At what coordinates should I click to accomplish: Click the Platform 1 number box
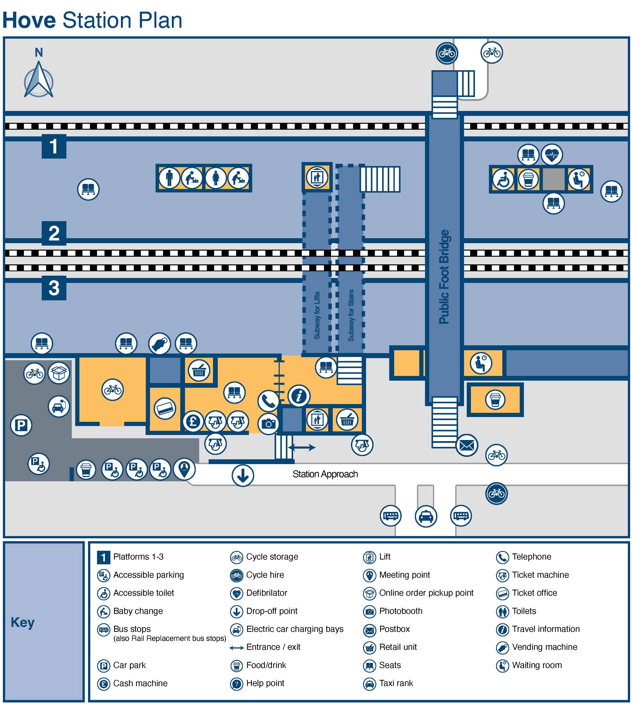coord(54,146)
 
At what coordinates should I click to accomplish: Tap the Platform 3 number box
coord(54,288)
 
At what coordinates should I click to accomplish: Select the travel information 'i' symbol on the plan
coord(299,396)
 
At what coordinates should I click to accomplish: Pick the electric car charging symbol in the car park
coord(59,406)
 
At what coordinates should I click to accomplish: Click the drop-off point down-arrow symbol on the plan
coord(243,475)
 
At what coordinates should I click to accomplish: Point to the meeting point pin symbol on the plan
coord(184,469)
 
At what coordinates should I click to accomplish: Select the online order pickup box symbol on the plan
coord(59,373)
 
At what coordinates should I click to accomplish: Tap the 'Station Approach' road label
coord(325,474)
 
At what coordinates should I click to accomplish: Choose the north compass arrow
coord(39,79)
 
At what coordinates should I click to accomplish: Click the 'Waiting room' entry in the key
coord(537,665)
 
